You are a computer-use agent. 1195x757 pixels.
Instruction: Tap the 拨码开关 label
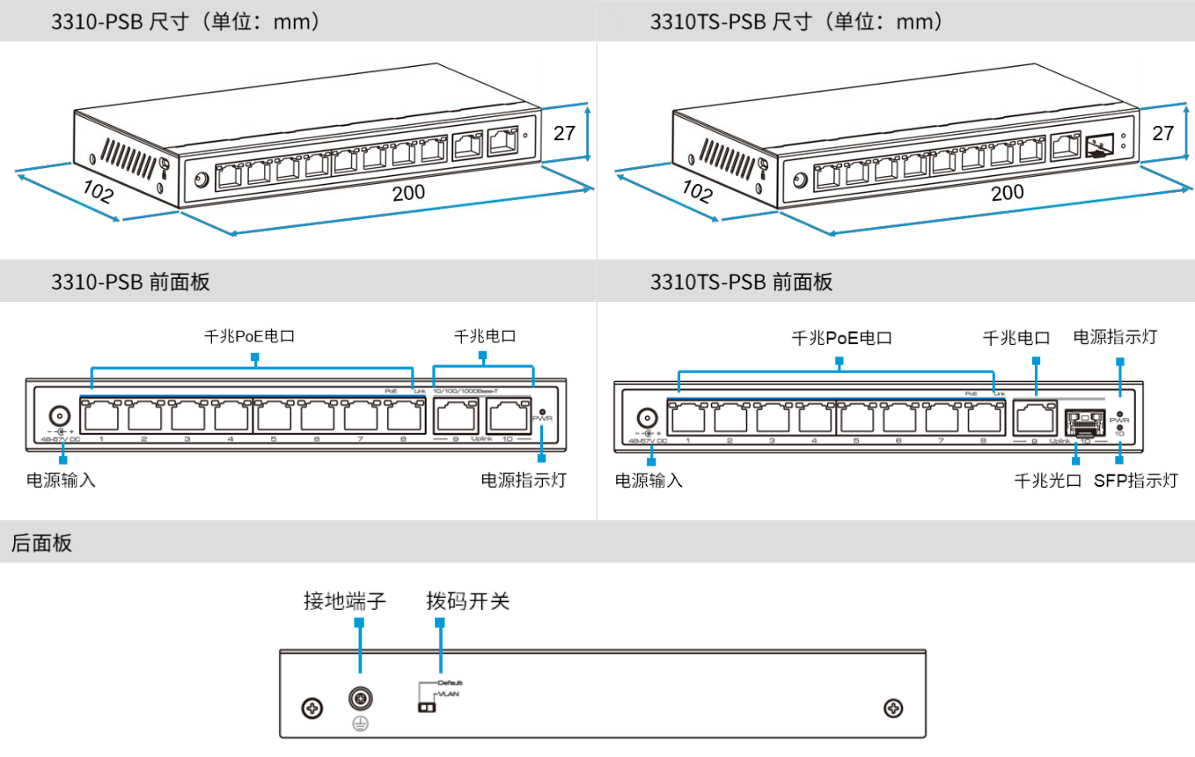tap(467, 601)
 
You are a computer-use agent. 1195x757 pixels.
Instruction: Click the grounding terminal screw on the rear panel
tap(360, 699)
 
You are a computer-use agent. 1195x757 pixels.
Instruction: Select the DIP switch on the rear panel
tap(426, 708)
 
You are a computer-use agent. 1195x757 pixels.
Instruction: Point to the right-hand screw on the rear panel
tap(893, 708)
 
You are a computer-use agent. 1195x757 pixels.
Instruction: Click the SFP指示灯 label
tap(1135, 481)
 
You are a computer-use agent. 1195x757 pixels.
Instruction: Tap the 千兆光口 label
tap(1047, 481)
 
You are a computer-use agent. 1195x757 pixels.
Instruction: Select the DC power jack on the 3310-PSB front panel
tap(60, 416)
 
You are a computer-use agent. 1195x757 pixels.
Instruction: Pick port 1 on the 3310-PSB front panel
tap(101, 414)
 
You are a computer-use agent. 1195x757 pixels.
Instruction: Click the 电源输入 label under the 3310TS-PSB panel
tap(649, 481)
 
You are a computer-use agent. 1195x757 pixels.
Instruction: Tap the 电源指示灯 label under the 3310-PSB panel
tap(524, 481)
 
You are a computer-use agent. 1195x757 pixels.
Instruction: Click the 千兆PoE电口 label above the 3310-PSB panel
tap(249, 336)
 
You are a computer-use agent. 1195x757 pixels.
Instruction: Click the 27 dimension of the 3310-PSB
tap(564, 133)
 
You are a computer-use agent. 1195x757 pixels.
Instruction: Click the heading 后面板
tap(41, 542)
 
